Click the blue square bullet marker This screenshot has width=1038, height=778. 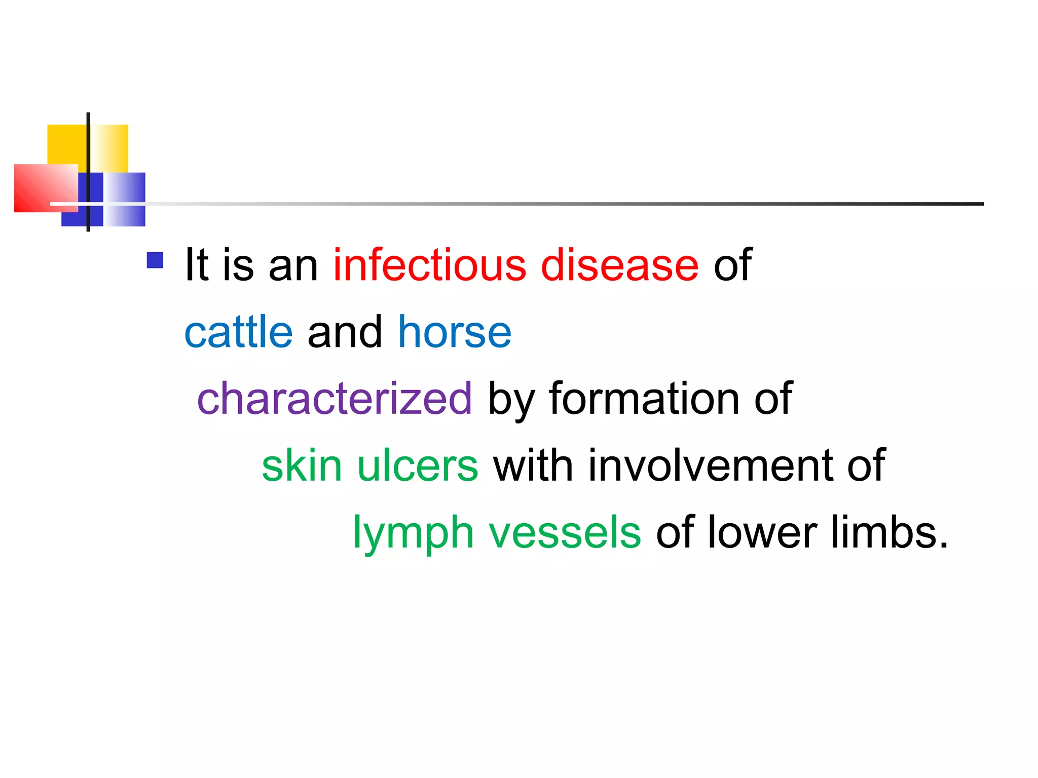[155, 260]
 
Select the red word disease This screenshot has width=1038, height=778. [619, 265]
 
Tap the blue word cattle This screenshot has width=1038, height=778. [239, 332]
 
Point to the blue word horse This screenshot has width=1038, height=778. [455, 332]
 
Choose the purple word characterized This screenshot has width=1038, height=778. [335, 399]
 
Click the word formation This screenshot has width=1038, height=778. [644, 399]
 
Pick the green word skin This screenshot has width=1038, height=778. [302, 466]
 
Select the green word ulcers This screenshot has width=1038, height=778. [418, 466]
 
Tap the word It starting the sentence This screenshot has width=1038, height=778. [197, 265]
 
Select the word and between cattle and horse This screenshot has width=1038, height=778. [345, 332]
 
